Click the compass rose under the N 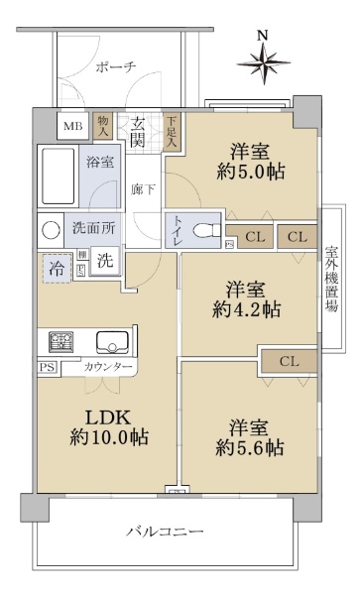tap(264, 63)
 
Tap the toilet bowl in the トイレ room tap(206, 230)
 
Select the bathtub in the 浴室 tap(59, 177)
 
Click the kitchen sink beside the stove tap(113, 342)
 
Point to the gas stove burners tap(60, 341)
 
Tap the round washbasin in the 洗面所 tap(51, 230)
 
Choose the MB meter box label tap(72, 126)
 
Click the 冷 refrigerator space tap(57, 269)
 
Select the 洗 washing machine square tap(105, 260)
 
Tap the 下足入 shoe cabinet tap(172, 131)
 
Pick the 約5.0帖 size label tap(251, 173)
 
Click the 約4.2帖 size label tap(247, 309)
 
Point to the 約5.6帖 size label tap(250, 448)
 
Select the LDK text tap(108, 417)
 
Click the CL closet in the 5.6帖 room tap(290, 361)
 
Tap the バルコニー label tap(165, 532)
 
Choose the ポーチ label tap(116, 67)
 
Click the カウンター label tap(108, 367)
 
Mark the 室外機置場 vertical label tap(331, 279)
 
